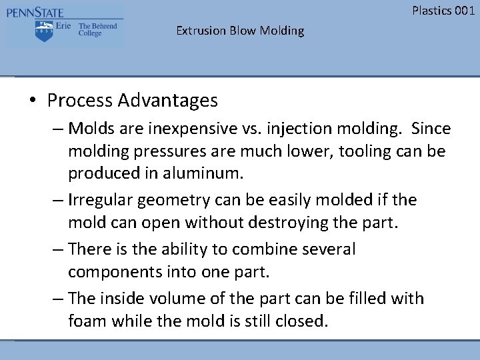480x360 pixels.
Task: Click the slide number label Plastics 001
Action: (x=443, y=10)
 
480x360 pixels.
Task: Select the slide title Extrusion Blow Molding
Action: (x=240, y=31)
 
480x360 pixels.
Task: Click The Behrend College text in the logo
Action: (x=97, y=30)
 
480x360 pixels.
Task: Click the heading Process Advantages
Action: (x=132, y=101)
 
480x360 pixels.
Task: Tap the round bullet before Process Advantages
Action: (x=33, y=101)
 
